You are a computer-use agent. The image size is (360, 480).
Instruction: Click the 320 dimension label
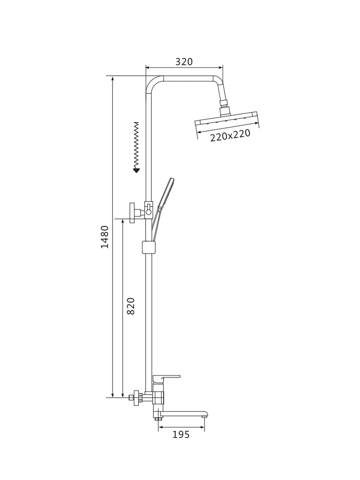click(x=184, y=62)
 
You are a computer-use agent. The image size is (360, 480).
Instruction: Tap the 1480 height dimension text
click(x=105, y=237)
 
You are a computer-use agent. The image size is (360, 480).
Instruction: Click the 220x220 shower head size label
click(x=230, y=136)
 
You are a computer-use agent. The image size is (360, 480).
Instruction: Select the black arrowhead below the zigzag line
click(x=136, y=170)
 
